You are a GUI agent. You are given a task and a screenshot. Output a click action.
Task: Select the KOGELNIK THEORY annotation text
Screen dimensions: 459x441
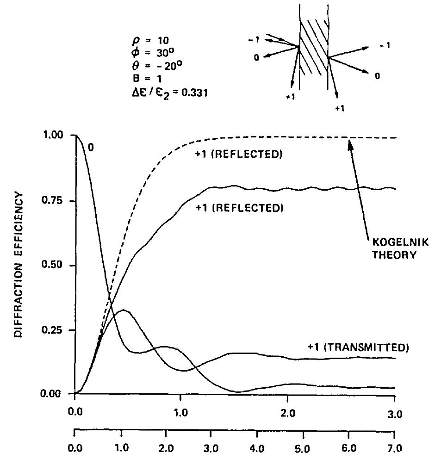pyautogui.click(x=387, y=248)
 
